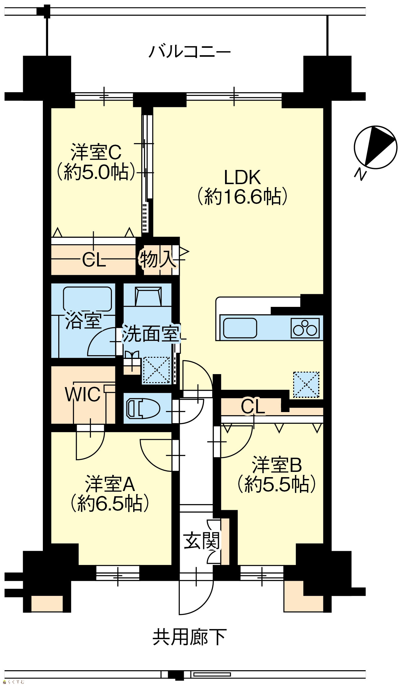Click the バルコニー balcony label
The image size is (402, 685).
coord(190,51)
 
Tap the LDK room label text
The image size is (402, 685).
coord(242,177)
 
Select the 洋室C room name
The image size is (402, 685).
coord(96,152)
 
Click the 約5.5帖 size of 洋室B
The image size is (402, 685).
coord(277,484)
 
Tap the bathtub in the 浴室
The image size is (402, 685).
coord(88,299)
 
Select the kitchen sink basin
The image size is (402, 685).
coord(240,328)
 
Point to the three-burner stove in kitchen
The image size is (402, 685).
coord(305,328)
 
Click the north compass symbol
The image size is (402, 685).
coord(375,147)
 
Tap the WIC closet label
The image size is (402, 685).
coord(83,394)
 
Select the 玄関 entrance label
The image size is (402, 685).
coord(202,541)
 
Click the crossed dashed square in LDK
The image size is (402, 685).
coord(306,384)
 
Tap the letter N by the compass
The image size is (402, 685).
coord(360,174)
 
